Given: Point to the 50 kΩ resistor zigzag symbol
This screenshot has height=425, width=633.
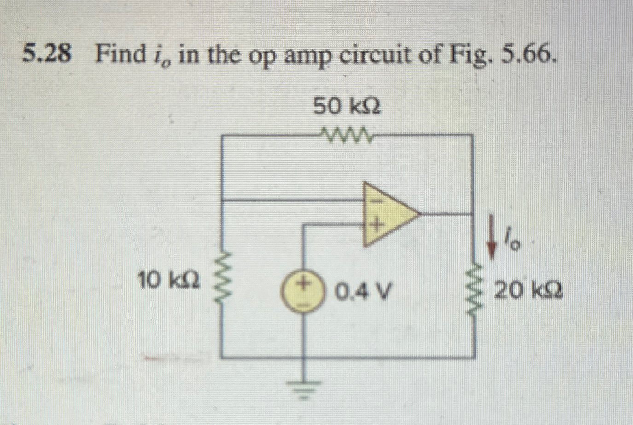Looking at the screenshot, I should coord(347,135).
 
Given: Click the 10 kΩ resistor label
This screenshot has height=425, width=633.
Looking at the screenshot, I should coord(168,280).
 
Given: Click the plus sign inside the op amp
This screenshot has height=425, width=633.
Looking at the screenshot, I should coord(376,226).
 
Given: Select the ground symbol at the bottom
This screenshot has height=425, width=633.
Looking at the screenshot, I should coord(302,390).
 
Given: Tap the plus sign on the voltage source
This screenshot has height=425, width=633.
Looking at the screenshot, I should coord(303,282).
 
